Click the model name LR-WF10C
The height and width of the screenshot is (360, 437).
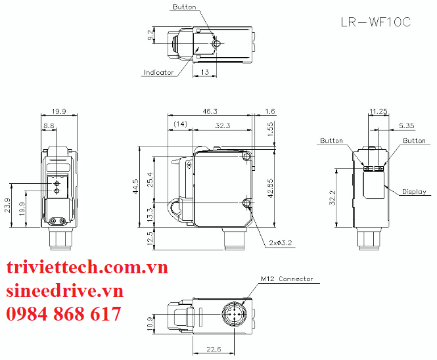(376, 22)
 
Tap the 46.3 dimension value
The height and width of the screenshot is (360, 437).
(210, 111)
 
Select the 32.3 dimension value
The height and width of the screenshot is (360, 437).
(223, 125)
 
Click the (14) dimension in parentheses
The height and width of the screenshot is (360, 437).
(180, 124)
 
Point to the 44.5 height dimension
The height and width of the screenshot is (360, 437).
(135, 187)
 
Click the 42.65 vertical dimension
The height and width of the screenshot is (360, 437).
(270, 188)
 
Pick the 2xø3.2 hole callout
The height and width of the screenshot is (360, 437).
(281, 242)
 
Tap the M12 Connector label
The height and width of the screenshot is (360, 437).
(287, 279)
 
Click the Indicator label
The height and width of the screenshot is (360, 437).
(158, 72)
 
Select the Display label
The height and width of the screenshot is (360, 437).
(414, 192)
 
